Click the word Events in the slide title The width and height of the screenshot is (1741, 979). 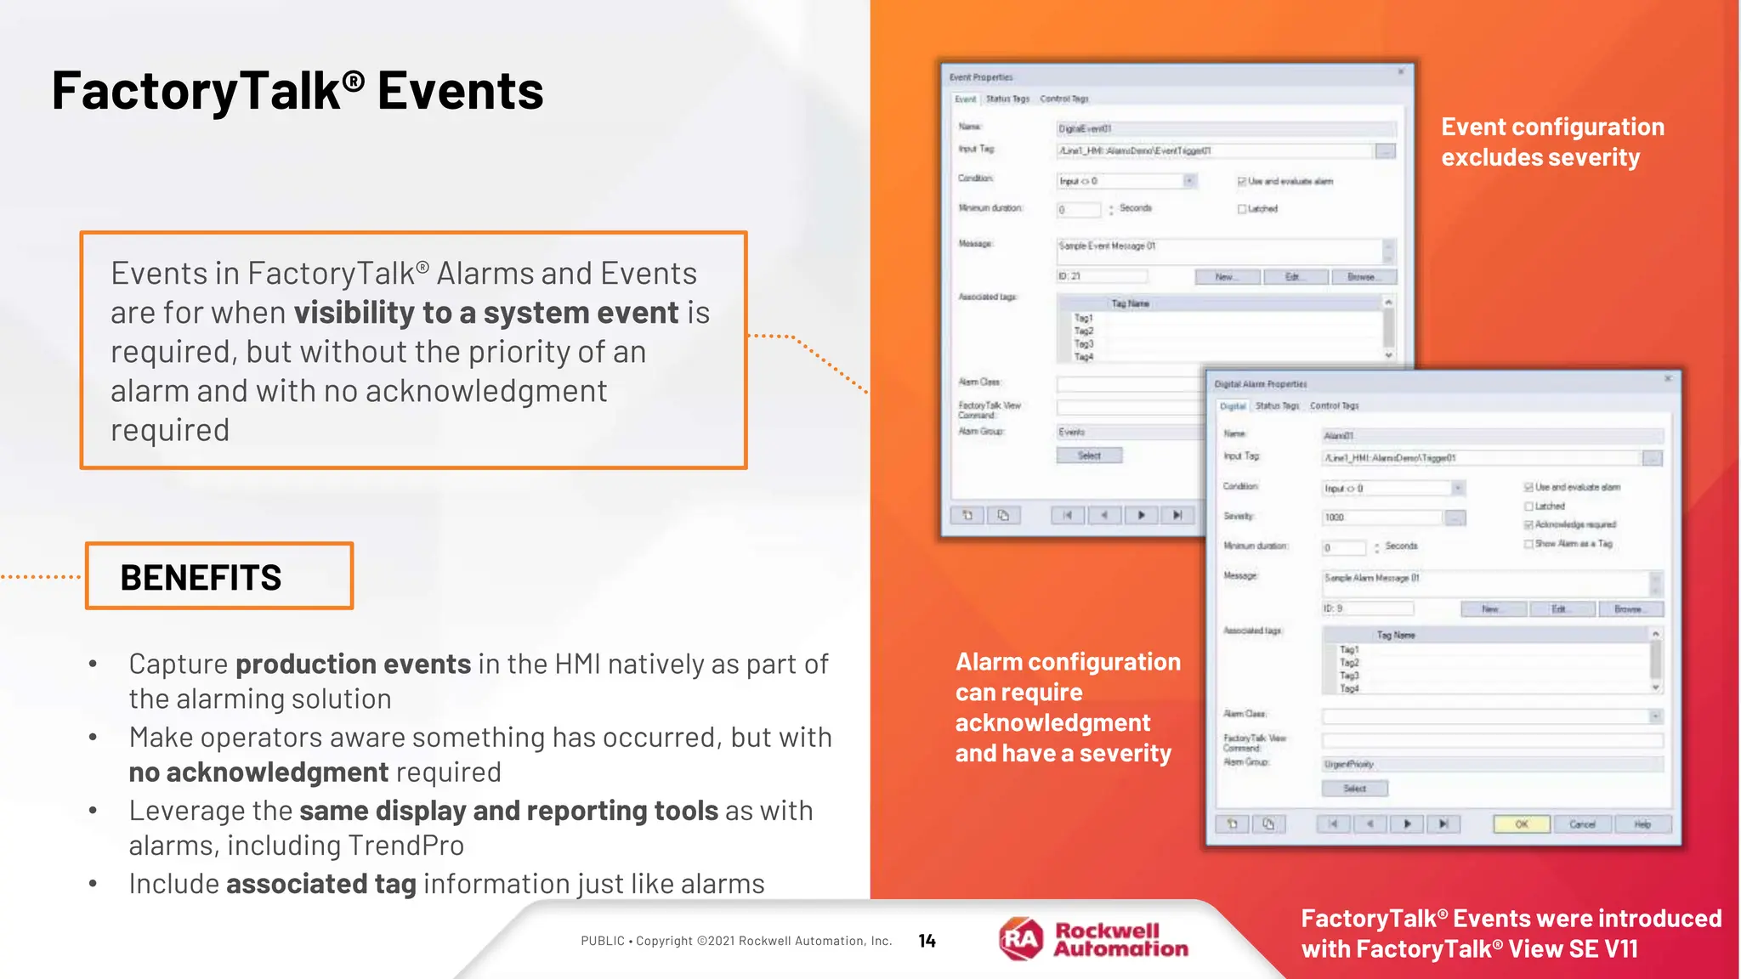[x=460, y=91]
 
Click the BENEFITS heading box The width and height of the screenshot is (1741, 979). [x=219, y=576]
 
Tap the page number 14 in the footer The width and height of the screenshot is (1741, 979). [x=927, y=941]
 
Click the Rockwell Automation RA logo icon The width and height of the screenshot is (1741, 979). [x=1021, y=939]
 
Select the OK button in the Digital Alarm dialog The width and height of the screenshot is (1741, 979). [x=1522, y=823]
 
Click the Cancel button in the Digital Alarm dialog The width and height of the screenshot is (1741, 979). [x=1582, y=823]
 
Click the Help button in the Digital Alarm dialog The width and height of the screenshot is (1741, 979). [x=1642, y=823]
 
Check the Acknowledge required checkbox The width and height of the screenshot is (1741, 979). [x=1528, y=525]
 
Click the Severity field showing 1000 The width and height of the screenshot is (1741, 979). [x=1381, y=517]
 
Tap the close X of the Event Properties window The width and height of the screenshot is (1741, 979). [x=1401, y=72]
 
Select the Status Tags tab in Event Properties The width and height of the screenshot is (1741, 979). [x=1007, y=99]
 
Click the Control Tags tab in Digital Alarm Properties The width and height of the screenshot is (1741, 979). [x=1334, y=405]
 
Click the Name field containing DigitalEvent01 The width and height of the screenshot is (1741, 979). [x=1224, y=128]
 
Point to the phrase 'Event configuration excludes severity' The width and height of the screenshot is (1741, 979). [x=1552, y=142]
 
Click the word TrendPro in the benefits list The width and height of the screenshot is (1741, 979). [x=405, y=846]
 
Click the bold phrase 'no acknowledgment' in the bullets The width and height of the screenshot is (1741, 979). [x=258, y=772]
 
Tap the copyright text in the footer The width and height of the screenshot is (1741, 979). [x=736, y=941]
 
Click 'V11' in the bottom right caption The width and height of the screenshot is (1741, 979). [x=1614, y=949]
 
